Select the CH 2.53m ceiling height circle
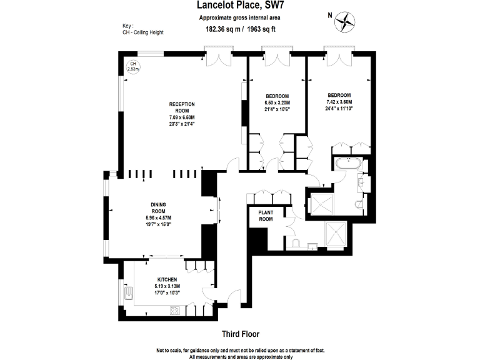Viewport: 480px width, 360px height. coord(132,66)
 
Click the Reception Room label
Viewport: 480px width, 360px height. coord(182,107)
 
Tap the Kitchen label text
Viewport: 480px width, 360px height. coord(167,279)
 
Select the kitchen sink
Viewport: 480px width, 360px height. coord(129,292)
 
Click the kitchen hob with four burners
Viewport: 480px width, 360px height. coord(176,309)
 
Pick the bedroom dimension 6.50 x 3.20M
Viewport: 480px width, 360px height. coord(278,102)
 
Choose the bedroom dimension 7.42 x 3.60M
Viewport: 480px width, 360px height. coord(339,102)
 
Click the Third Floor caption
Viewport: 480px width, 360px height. coord(240,334)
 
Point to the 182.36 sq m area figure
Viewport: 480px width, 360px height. coord(224,29)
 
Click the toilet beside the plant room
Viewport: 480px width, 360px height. coord(294,242)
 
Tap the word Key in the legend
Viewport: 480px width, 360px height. coord(127,26)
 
